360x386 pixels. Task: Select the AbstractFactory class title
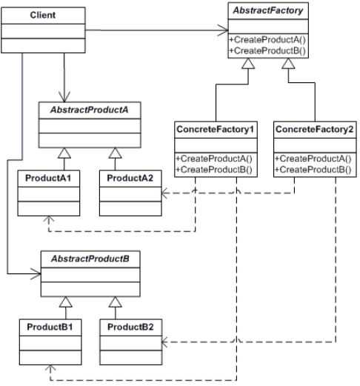[x=268, y=11]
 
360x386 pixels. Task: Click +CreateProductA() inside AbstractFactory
[x=267, y=39]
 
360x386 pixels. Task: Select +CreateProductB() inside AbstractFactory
[x=267, y=50]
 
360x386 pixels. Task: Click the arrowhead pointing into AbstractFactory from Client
[x=223, y=30]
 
